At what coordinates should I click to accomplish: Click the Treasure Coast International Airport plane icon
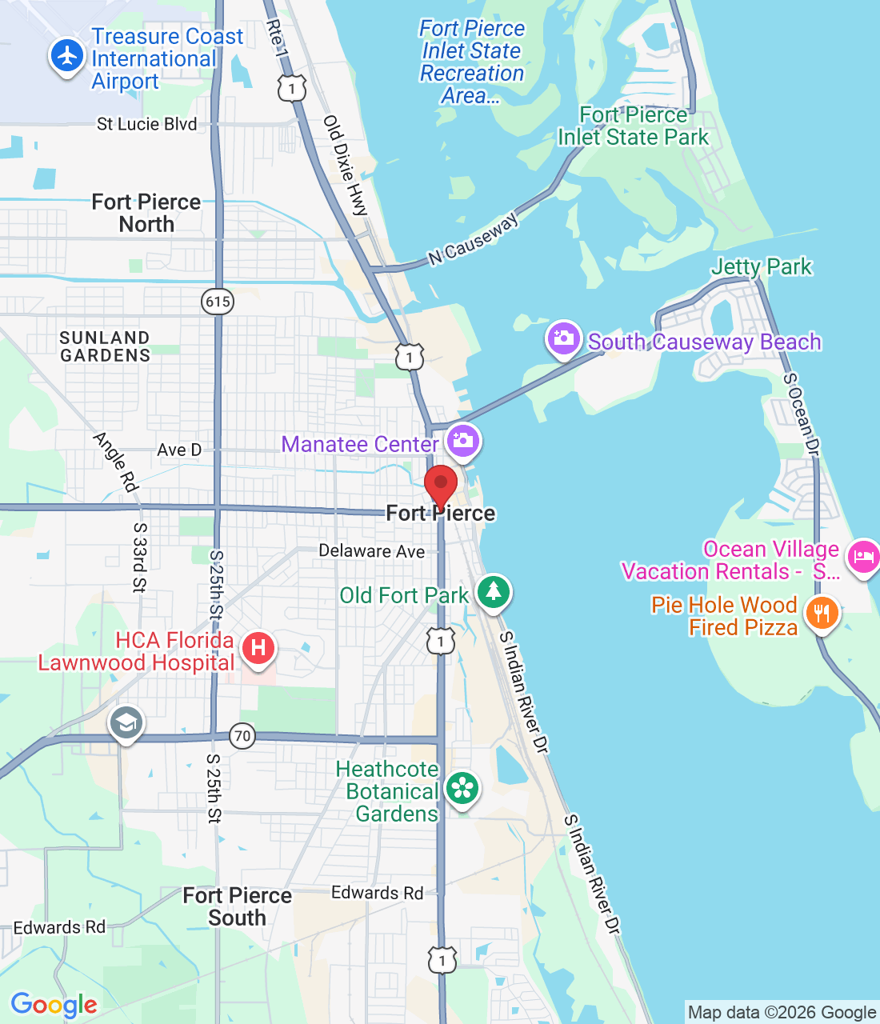point(67,57)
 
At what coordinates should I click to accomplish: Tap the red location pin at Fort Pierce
point(440,486)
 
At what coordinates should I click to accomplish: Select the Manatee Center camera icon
point(462,441)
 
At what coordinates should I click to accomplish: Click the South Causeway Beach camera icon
point(564,338)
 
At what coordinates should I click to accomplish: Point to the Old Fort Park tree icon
point(494,592)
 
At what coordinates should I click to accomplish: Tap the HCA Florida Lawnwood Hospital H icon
point(258,647)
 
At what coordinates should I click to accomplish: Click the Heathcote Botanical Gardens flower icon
point(462,789)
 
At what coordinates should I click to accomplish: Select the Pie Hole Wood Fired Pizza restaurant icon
point(822,614)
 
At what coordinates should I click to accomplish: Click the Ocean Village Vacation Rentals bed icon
point(863,556)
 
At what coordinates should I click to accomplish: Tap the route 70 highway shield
point(242,735)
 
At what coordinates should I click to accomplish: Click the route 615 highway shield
point(218,302)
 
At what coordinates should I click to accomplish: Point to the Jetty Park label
point(761,266)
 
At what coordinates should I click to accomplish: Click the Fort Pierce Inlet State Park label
point(633,126)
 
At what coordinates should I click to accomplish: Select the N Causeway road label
point(474,238)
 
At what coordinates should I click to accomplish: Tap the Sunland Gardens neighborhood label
point(105,346)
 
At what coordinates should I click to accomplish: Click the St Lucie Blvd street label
point(146,124)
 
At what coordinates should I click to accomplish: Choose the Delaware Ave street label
point(371,550)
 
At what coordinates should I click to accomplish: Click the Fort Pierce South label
point(237,906)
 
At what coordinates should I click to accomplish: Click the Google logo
point(54,1005)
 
